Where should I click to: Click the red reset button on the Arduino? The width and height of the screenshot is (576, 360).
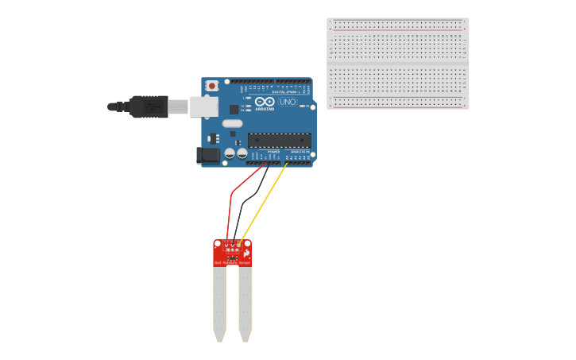pos(212,86)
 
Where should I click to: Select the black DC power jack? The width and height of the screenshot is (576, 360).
pos(208,156)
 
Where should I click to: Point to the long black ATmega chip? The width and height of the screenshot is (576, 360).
pos(279,141)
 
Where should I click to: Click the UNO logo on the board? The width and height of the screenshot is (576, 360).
pos(287,102)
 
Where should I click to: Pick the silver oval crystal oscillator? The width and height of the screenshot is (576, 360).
pos(232,123)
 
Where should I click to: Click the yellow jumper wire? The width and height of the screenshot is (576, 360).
pos(263,203)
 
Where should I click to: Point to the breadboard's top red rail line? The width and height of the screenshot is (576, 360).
pos(397,29)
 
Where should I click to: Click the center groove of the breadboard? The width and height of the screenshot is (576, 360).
pos(397,64)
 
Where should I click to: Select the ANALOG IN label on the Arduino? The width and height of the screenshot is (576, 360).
pos(300,151)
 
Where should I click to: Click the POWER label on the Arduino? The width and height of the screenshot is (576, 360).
pos(273,151)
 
